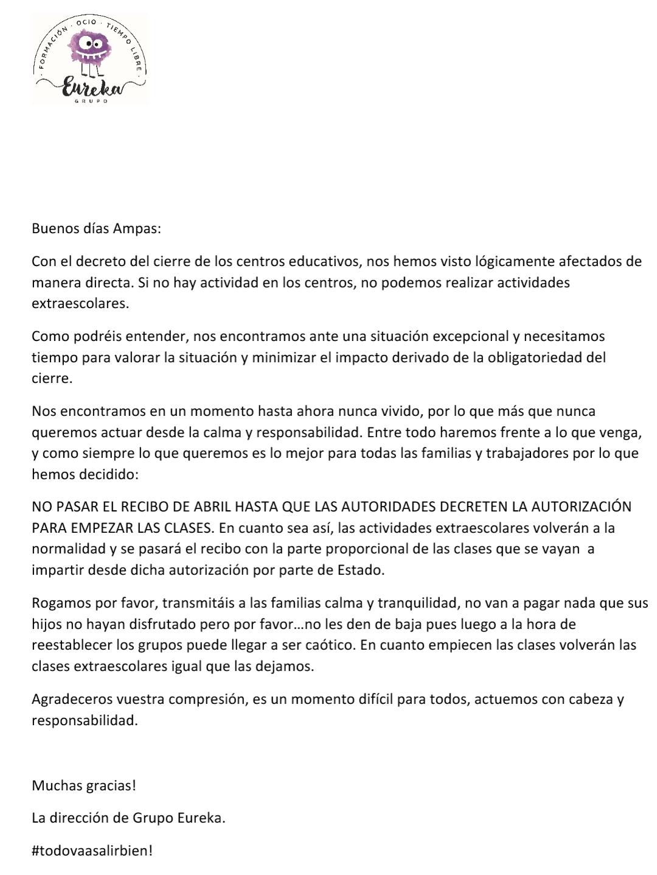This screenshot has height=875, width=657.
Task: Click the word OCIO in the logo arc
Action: click(x=86, y=23)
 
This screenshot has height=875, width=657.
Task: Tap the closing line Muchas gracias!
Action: click(x=84, y=785)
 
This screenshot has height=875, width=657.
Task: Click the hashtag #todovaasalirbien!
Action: click(x=92, y=851)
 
